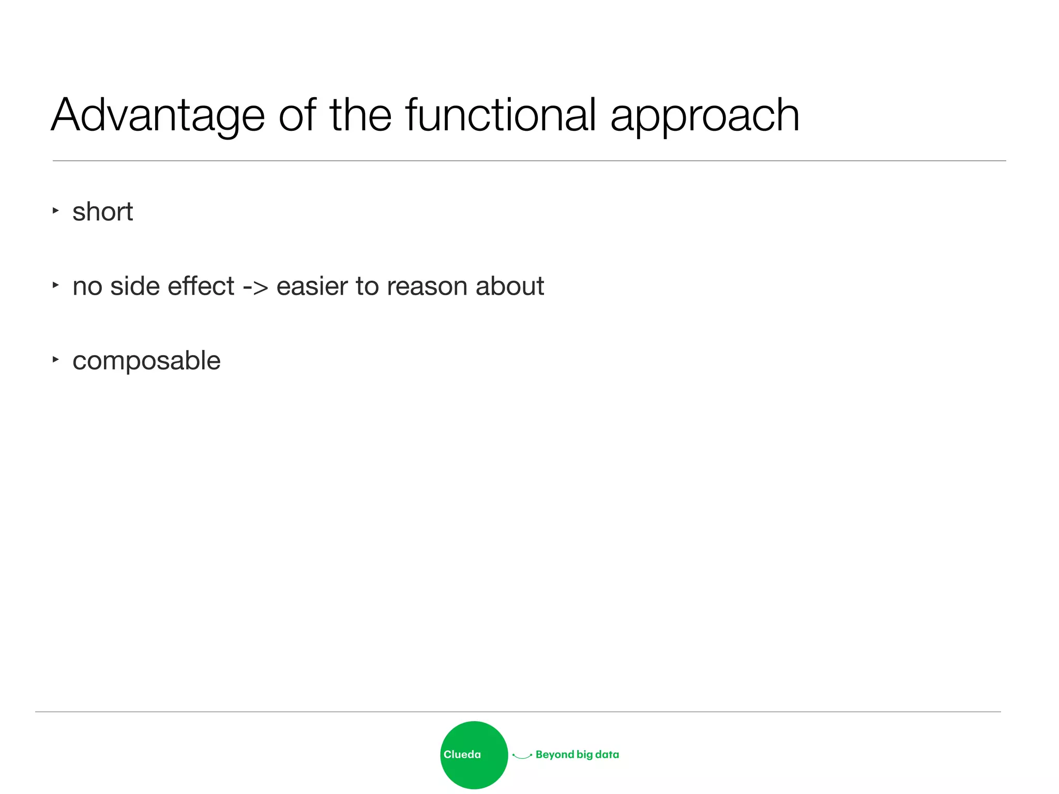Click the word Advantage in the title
pyautogui.click(x=158, y=116)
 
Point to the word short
pyautogui.click(x=102, y=212)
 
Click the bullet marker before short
pyautogui.click(x=55, y=210)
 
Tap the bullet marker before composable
pyautogui.click(x=55, y=359)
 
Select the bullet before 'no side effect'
pyautogui.click(x=55, y=284)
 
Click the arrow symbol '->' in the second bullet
pyautogui.click(x=255, y=287)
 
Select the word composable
pyautogui.click(x=146, y=361)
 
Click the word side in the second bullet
pyautogui.click(x=134, y=286)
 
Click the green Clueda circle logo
pyautogui.click(x=474, y=755)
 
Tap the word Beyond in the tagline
pyautogui.click(x=555, y=755)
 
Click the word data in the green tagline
pyautogui.click(x=607, y=754)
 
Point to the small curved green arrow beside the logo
pyautogui.click(x=522, y=756)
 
